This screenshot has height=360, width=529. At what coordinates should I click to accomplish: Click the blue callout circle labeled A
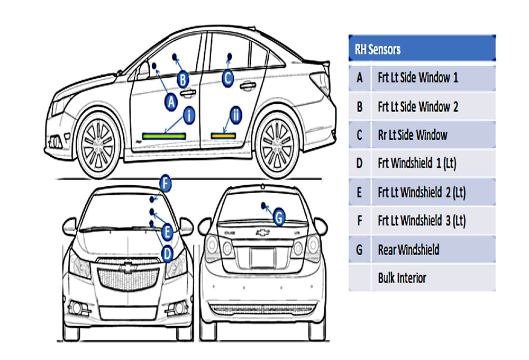pyautogui.click(x=171, y=102)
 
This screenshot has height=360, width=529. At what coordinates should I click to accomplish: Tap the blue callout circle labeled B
pyautogui.click(x=183, y=80)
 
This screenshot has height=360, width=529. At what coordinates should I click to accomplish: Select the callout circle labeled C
pyautogui.click(x=228, y=78)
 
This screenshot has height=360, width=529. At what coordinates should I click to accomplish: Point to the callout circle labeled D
pyautogui.click(x=167, y=254)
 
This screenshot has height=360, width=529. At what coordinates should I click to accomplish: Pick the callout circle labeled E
pyautogui.click(x=167, y=232)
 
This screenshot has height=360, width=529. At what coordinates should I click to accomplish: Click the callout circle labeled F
pyautogui.click(x=165, y=183)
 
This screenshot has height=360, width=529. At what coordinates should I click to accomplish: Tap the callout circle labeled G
pyautogui.click(x=279, y=217)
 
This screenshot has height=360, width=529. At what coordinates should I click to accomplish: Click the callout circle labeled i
pyautogui.click(x=189, y=115)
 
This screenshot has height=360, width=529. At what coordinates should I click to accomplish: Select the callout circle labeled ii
pyautogui.click(x=236, y=115)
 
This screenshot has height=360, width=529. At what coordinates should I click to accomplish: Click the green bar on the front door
pyautogui.click(x=164, y=136)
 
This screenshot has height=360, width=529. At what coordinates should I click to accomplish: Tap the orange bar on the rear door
pyautogui.click(x=223, y=136)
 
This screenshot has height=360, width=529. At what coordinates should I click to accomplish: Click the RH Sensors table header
pyautogui.click(x=422, y=48)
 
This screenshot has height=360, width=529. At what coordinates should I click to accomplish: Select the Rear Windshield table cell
pyautogui.click(x=434, y=249)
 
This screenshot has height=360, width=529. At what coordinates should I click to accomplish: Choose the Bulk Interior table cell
pyautogui.click(x=434, y=278)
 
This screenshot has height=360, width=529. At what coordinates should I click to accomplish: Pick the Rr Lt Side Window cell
pyautogui.click(x=434, y=135)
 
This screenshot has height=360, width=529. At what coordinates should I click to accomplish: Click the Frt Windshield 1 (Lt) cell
pyautogui.click(x=434, y=163)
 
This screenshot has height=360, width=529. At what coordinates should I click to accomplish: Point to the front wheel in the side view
pyautogui.click(x=98, y=143)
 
